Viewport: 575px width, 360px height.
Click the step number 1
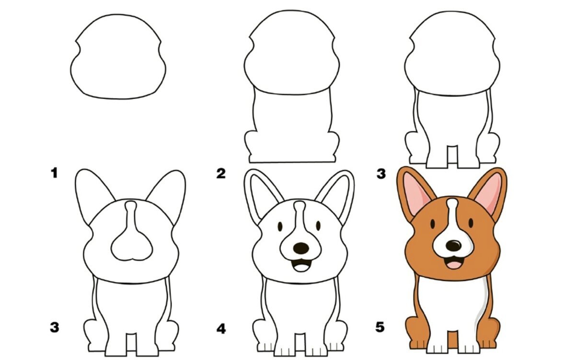pyautogui.click(x=54, y=173)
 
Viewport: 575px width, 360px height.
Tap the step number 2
pyautogui.click(x=221, y=174)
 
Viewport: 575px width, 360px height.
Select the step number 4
pyautogui.click(x=221, y=329)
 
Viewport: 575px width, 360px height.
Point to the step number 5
pyautogui.click(x=380, y=327)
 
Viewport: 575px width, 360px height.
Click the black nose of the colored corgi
pyautogui.click(x=454, y=246)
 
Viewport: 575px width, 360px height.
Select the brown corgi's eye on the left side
pyautogui.click(x=433, y=224)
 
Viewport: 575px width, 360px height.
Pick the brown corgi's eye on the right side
pyautogui.click(x=471, y=223)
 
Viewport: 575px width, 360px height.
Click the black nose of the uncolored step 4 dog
pyautogui.click(x=301, y=248)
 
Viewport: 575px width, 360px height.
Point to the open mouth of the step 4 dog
pyautogui.click(x=301, y=265)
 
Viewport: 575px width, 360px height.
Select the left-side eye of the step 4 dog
pyautogui.click(x=280, y=226)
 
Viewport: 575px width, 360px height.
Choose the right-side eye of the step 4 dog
pyautogui.click(x=318, y=226)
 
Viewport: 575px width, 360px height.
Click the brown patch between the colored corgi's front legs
pyautogui.click(x=452, y=339)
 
